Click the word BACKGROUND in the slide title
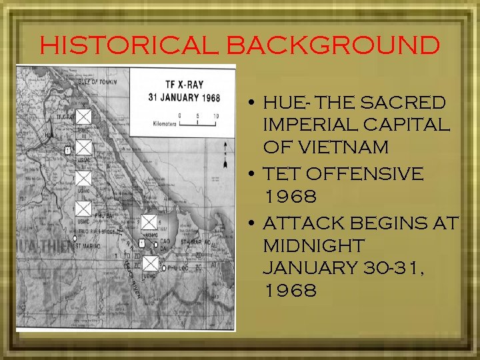(x=333, y=45)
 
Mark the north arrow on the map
(x=227, y=155)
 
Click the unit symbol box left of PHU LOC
(x=151, y=263)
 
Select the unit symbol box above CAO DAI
(x=149, y=223)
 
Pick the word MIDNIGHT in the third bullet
(x=313, y=246)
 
